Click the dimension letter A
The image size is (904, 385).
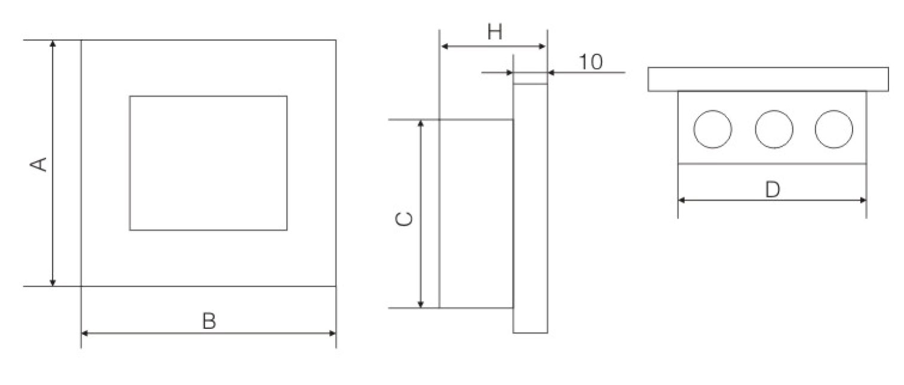(39, 165)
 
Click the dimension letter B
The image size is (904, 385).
(209, 321)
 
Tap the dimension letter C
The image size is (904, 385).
(404, 219)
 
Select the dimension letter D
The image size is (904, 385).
(773, 189)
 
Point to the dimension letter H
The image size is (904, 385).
(495, 32)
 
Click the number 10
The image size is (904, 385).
(591, 61)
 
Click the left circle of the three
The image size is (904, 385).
(713, 129)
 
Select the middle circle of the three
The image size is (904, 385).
(774, 129)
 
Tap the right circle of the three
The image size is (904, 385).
(833, 129)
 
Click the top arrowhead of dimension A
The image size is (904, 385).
(53, 44)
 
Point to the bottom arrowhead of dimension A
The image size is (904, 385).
(53, 282)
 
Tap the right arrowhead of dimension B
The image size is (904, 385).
(333, 334)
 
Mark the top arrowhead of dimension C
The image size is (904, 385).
(421, 124)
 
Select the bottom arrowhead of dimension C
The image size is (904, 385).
(421, 304)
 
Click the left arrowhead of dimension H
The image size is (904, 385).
(445, 47)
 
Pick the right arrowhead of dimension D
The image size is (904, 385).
(863, 200)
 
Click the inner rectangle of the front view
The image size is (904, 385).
(209, 96)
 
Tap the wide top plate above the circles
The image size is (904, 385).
(768, 79)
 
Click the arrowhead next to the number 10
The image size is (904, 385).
(551, 73)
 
